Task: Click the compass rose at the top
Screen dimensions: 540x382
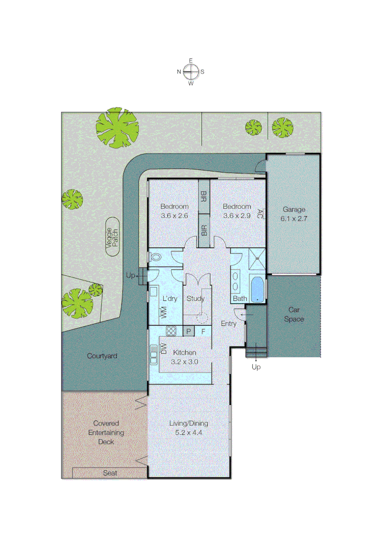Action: click(x=191, y=71)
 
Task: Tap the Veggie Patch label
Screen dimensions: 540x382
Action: click(x=112, y=237)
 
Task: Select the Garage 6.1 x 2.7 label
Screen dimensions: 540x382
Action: click(x=294, y=213)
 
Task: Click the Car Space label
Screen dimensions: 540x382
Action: click(x=294, y=314)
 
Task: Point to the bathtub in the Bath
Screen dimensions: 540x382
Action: click(x=257, y=289)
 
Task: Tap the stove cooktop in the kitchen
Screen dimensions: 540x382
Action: click(x=171, y=330)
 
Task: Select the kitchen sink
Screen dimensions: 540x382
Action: click(x=153, y=358)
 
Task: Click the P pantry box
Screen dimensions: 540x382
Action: click(x=189, y=330)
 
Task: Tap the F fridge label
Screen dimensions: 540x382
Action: click(x=203, y=330)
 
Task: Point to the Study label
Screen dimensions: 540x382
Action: click(x=196, y=298)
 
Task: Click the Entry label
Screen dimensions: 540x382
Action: click(x=229, y=323)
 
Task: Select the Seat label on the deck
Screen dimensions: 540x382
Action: click(x=110, y=472)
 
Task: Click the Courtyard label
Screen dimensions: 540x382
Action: click(x=102, y=356)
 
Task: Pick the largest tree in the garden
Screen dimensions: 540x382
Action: click(x=117, y=128)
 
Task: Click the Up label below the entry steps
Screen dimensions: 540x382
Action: click(x=256, y=367)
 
